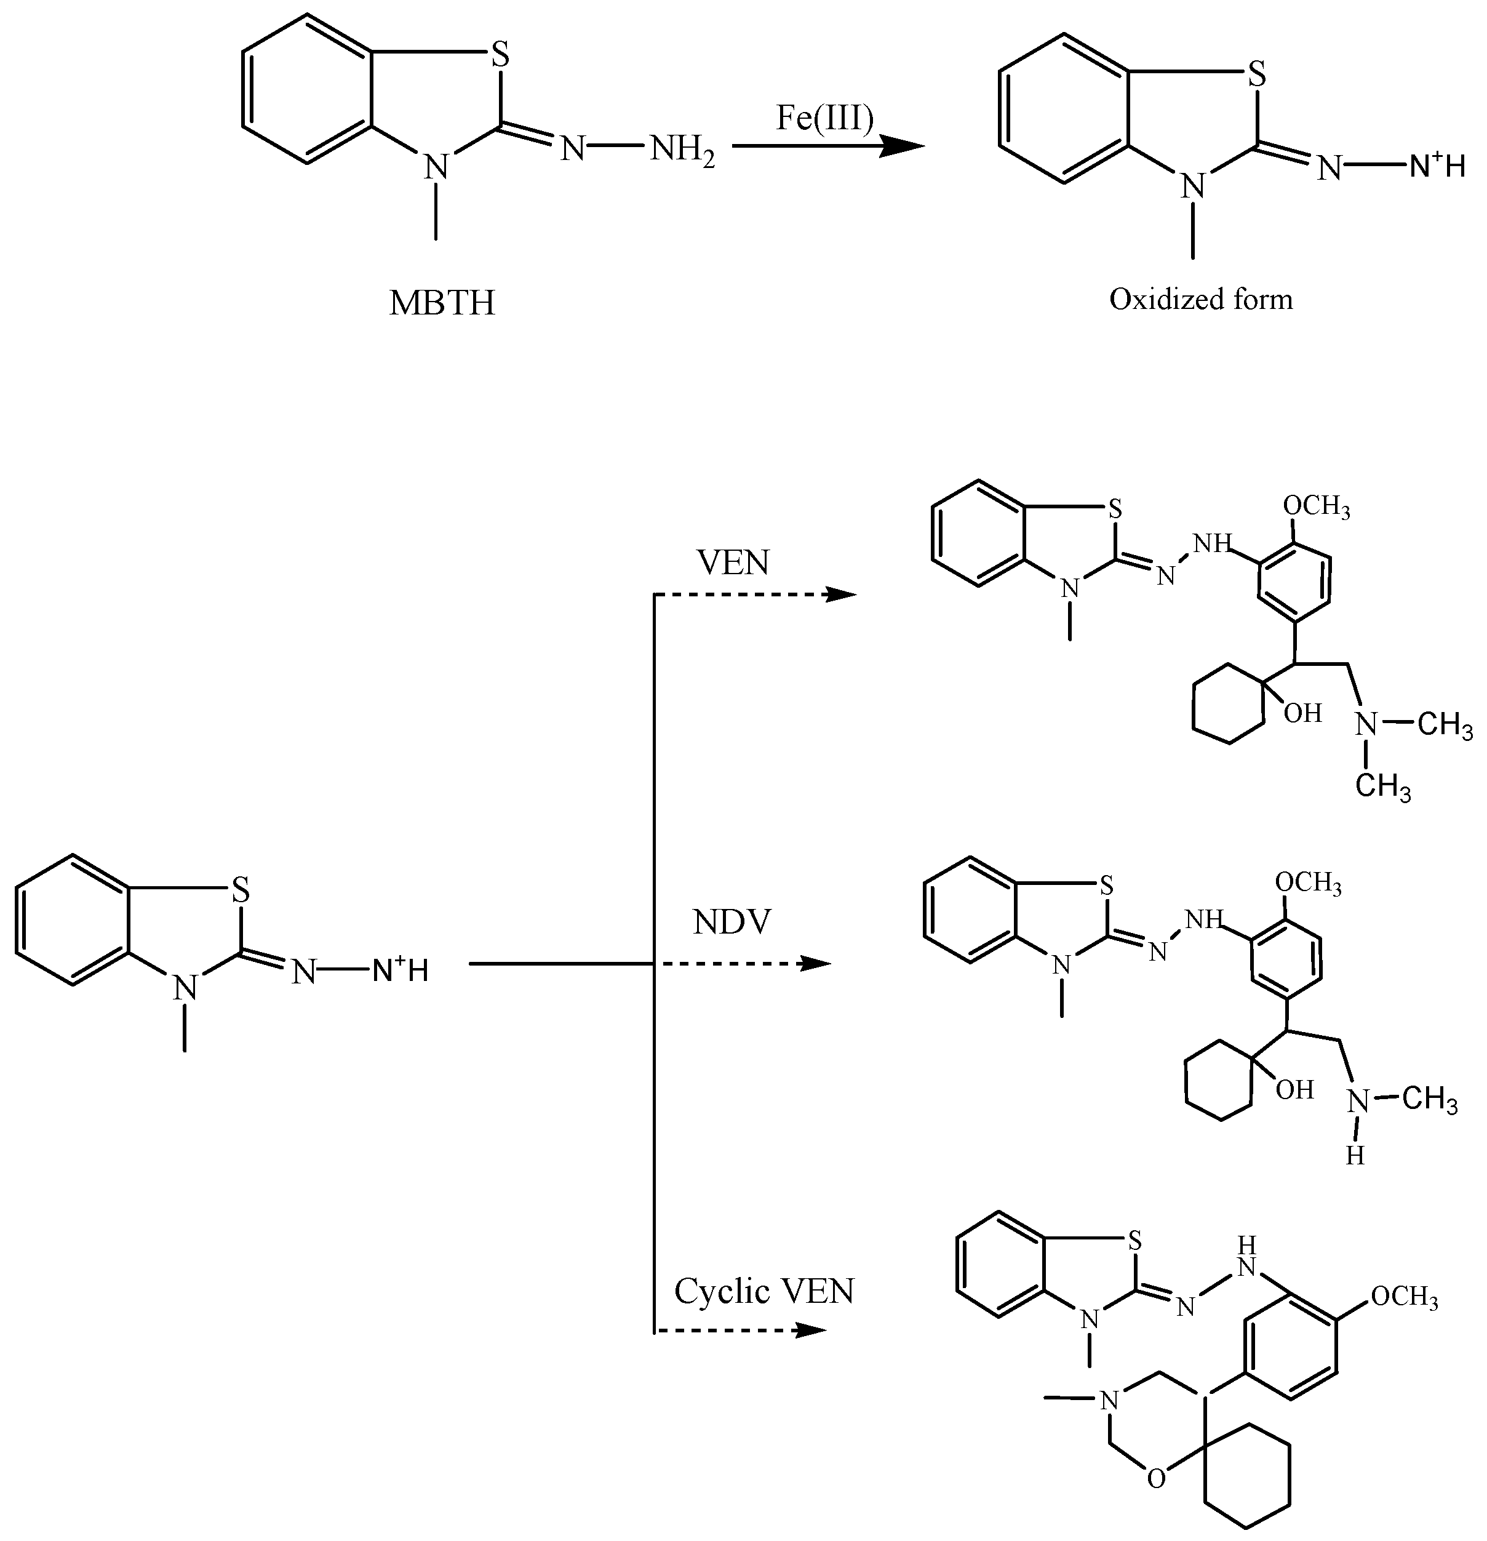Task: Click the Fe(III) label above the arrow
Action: (825, 119)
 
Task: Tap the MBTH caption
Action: (442, 303)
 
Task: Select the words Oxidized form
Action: (1201, 300)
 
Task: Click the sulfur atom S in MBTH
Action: (500, 57)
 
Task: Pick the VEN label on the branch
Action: (733, 563)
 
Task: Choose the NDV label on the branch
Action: (733, 923)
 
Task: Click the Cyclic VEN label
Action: (764, 1292)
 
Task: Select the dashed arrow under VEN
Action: (754, 595)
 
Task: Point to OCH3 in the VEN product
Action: (1317, 506)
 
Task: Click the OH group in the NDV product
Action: (1294, 1091)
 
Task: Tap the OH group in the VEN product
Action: (1302, 714)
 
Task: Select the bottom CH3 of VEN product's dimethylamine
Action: (1383, 787)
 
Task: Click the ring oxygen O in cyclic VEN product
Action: (1155, 1479)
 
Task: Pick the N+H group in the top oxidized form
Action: (1437, 167)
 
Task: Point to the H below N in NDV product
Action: (1354, 1156)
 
